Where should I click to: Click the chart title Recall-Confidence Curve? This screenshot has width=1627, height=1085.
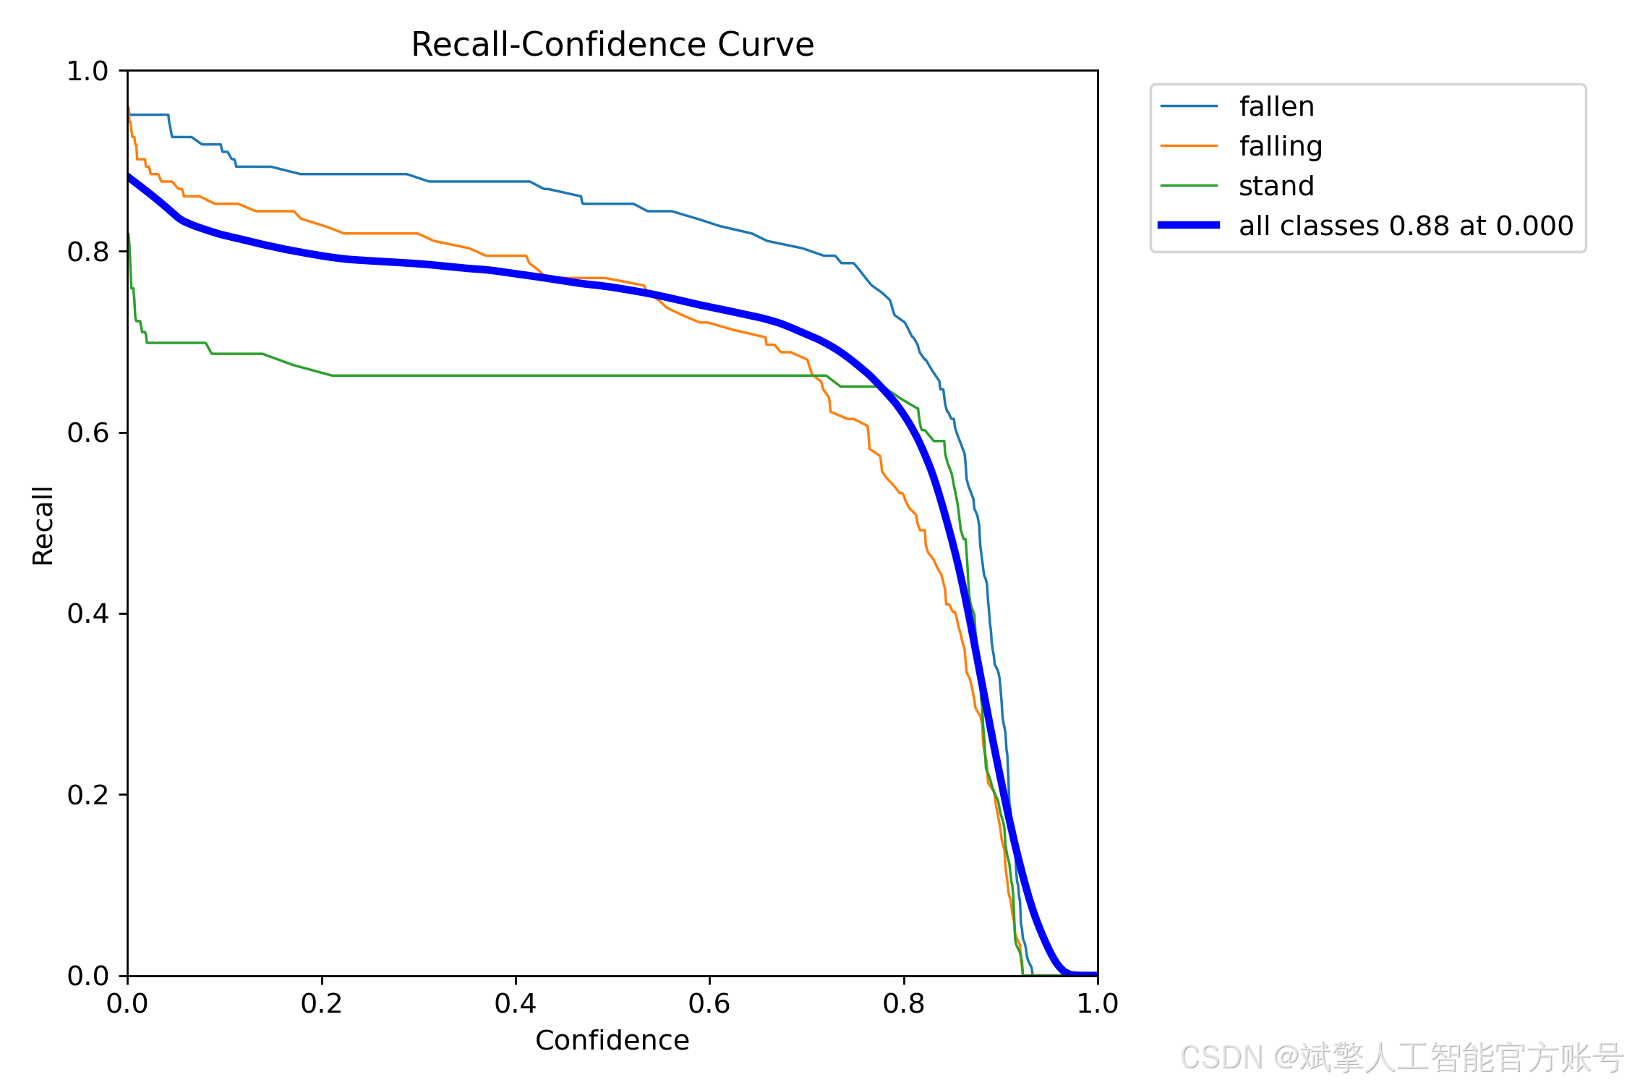612,45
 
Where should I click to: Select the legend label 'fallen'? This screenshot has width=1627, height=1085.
1276,106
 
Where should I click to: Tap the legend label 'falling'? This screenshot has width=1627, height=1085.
1281,147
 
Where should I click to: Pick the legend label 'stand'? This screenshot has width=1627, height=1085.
1276,187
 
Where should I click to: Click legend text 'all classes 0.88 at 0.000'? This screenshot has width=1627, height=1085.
1406,226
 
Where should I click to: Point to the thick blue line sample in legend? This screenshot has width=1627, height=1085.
1189,226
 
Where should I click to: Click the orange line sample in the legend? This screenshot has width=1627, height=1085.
1189,146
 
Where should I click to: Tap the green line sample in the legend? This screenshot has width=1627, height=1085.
1189,186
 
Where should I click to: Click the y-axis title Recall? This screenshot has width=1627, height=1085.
43,526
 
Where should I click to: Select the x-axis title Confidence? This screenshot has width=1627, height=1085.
612,1040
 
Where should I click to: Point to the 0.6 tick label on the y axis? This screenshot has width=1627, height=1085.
87,433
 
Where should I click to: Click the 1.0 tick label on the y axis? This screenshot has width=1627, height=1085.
87,71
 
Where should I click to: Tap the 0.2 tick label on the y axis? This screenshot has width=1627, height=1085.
87,795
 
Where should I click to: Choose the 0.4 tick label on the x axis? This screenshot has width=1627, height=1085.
516,1003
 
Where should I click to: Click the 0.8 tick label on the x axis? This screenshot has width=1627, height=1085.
904,1003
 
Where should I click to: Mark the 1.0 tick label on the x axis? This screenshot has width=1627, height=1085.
1098,1003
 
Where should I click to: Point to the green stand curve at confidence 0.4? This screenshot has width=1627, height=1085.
516,375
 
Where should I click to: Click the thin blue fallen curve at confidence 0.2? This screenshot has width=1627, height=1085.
322,174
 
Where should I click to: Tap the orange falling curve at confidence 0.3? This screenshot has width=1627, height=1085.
419,234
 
